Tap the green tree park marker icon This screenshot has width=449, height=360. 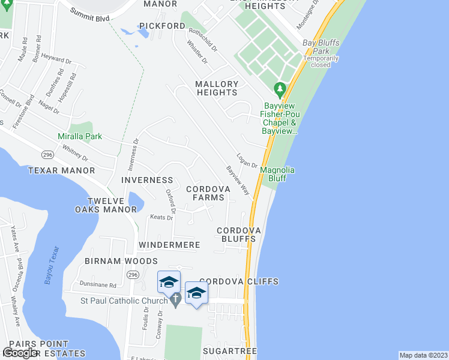(x=279, y=89)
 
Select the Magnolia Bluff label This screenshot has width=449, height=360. (x=277, y=174)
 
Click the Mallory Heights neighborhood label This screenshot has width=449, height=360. (x=217, y=88)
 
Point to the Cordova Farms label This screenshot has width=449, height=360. (x=208, y=193)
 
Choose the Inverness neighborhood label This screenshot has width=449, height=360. (x=147, y=180)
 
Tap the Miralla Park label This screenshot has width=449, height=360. (x=80, y=137)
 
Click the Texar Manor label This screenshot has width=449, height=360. (x=62, y=170)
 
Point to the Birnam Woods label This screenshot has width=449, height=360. (x=121, y=261)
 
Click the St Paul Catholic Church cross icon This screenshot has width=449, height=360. (x=175, y=299)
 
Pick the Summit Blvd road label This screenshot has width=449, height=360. (x=89, y=15)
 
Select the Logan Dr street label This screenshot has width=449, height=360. (x=247, y=159)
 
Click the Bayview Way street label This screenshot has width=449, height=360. (x=238, y=180)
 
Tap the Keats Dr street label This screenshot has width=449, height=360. (x=161, y=217)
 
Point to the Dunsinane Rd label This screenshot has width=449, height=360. (x=96, y=284)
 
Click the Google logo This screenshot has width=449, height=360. (x=20, y=353)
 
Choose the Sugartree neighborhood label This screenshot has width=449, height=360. (x=229, y=350)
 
